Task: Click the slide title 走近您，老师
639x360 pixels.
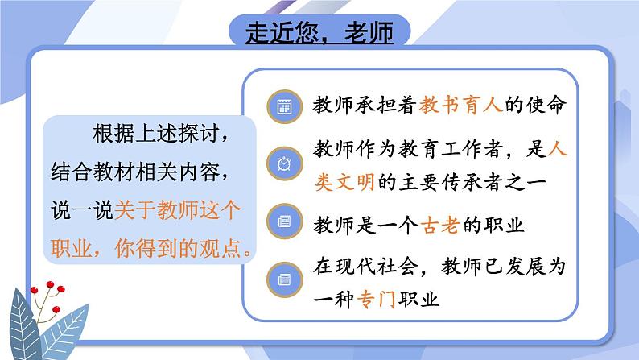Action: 319,32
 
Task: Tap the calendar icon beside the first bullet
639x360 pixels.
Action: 284,107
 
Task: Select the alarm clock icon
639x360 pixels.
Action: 284,164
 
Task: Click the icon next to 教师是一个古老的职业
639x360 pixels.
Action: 284,221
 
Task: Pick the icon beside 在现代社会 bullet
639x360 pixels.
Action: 284,279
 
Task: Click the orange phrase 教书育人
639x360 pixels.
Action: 460,105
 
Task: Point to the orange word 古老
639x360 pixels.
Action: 440,225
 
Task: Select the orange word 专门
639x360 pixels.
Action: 376,300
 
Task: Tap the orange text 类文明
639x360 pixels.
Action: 344,182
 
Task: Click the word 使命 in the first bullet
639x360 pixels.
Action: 546,105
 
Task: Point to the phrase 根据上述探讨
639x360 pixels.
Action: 156,134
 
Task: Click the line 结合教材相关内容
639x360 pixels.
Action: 135,172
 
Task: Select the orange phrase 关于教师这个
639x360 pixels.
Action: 178,210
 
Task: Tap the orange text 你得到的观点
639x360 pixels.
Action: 178,248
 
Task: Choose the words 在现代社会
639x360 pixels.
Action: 366,267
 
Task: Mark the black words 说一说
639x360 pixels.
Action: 82,210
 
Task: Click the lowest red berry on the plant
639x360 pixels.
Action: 56,309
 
